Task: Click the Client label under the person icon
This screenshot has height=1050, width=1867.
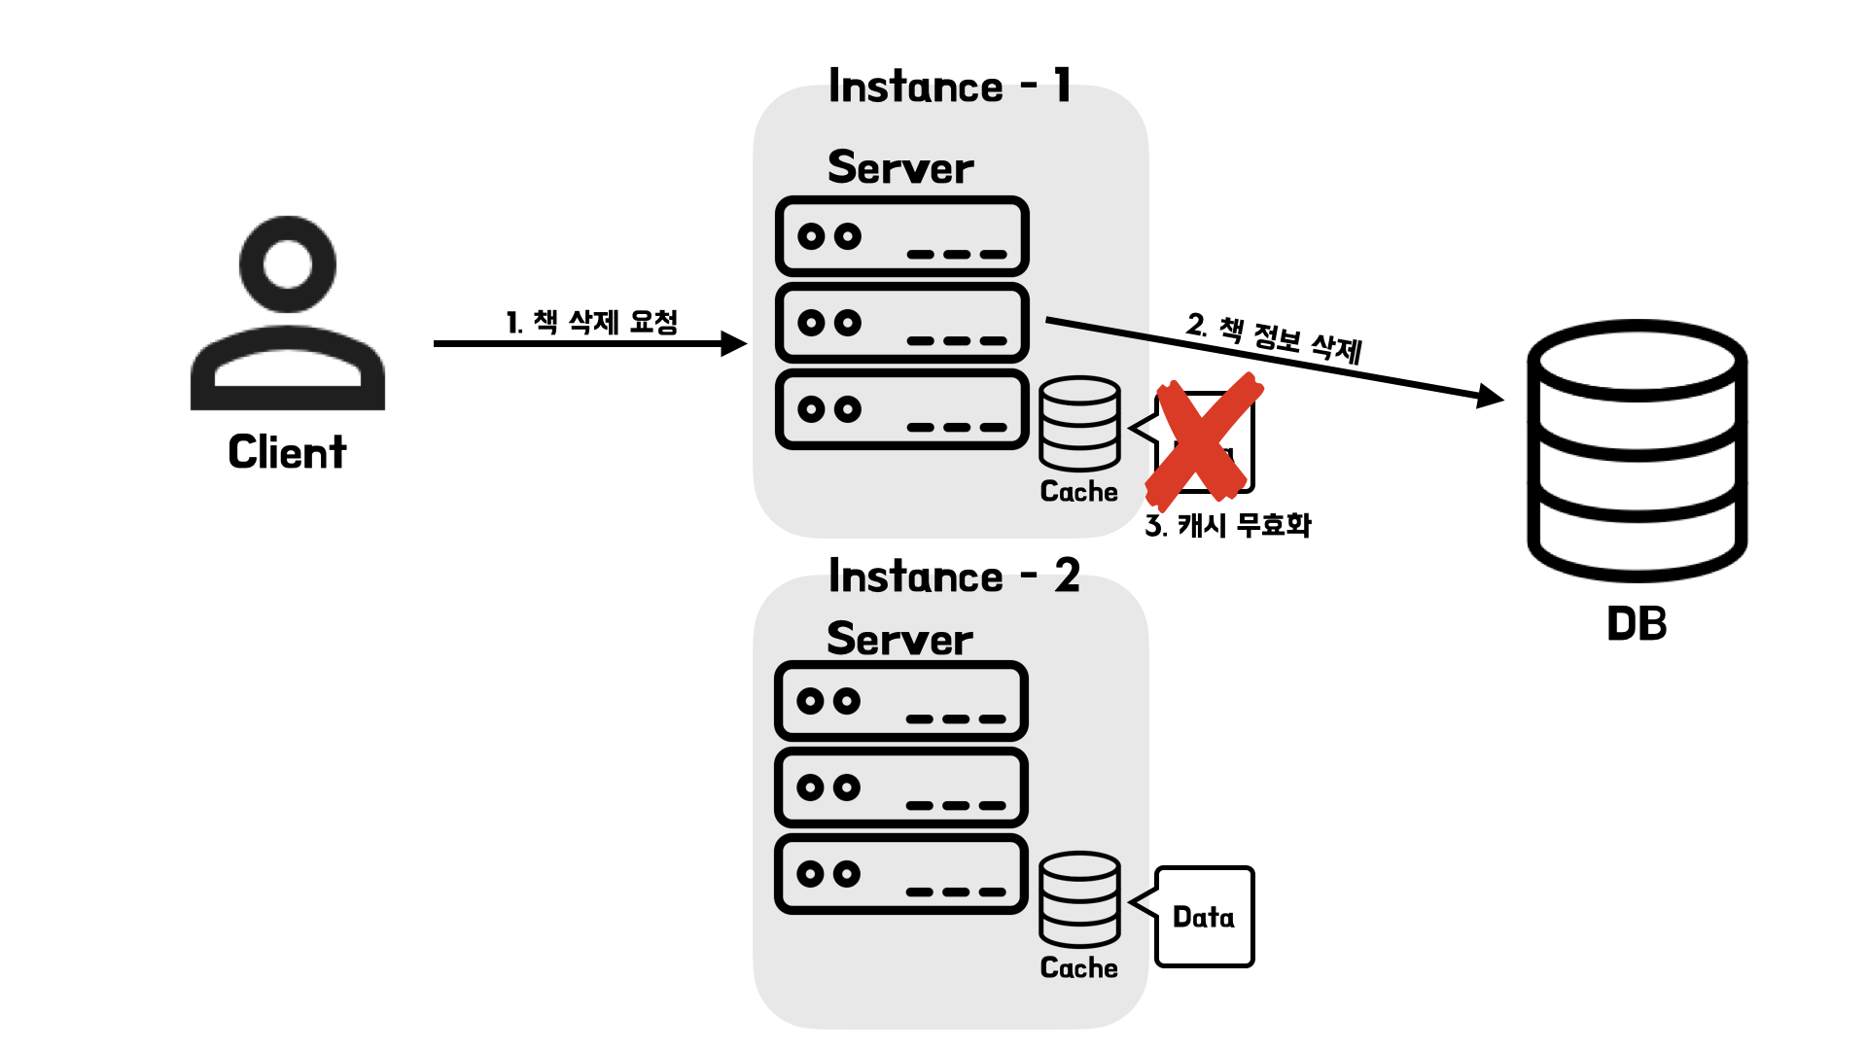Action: tap(287, 452)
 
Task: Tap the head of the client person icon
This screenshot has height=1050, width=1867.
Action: tap(288, 264)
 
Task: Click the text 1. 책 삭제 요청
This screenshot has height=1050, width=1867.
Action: tap(591, 321)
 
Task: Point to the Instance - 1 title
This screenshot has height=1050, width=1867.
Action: tap(949, 87)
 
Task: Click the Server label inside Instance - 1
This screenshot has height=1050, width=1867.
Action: tap(900, 167)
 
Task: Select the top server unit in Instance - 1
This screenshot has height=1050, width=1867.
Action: tap(901, 236)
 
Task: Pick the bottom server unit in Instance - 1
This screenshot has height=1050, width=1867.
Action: tap(901, 409)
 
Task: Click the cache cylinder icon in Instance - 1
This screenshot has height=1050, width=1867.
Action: tap(1079, 424)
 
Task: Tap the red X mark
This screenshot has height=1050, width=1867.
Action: tap(1205, 439)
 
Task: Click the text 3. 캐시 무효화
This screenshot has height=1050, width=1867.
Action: tap(1228, 525)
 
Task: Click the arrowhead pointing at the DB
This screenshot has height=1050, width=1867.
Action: tap(1490, 397)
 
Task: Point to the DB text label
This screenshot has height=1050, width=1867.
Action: tap(1637, 624)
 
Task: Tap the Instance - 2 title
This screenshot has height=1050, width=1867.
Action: tap(953, 577)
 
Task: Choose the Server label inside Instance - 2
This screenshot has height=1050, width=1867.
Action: tap(899, 639)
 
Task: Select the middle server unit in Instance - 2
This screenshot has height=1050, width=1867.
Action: tap(900, 787)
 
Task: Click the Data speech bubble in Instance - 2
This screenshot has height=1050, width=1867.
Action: tap(1204, 917)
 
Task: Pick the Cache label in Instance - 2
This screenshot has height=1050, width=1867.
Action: tap(1078, 967)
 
